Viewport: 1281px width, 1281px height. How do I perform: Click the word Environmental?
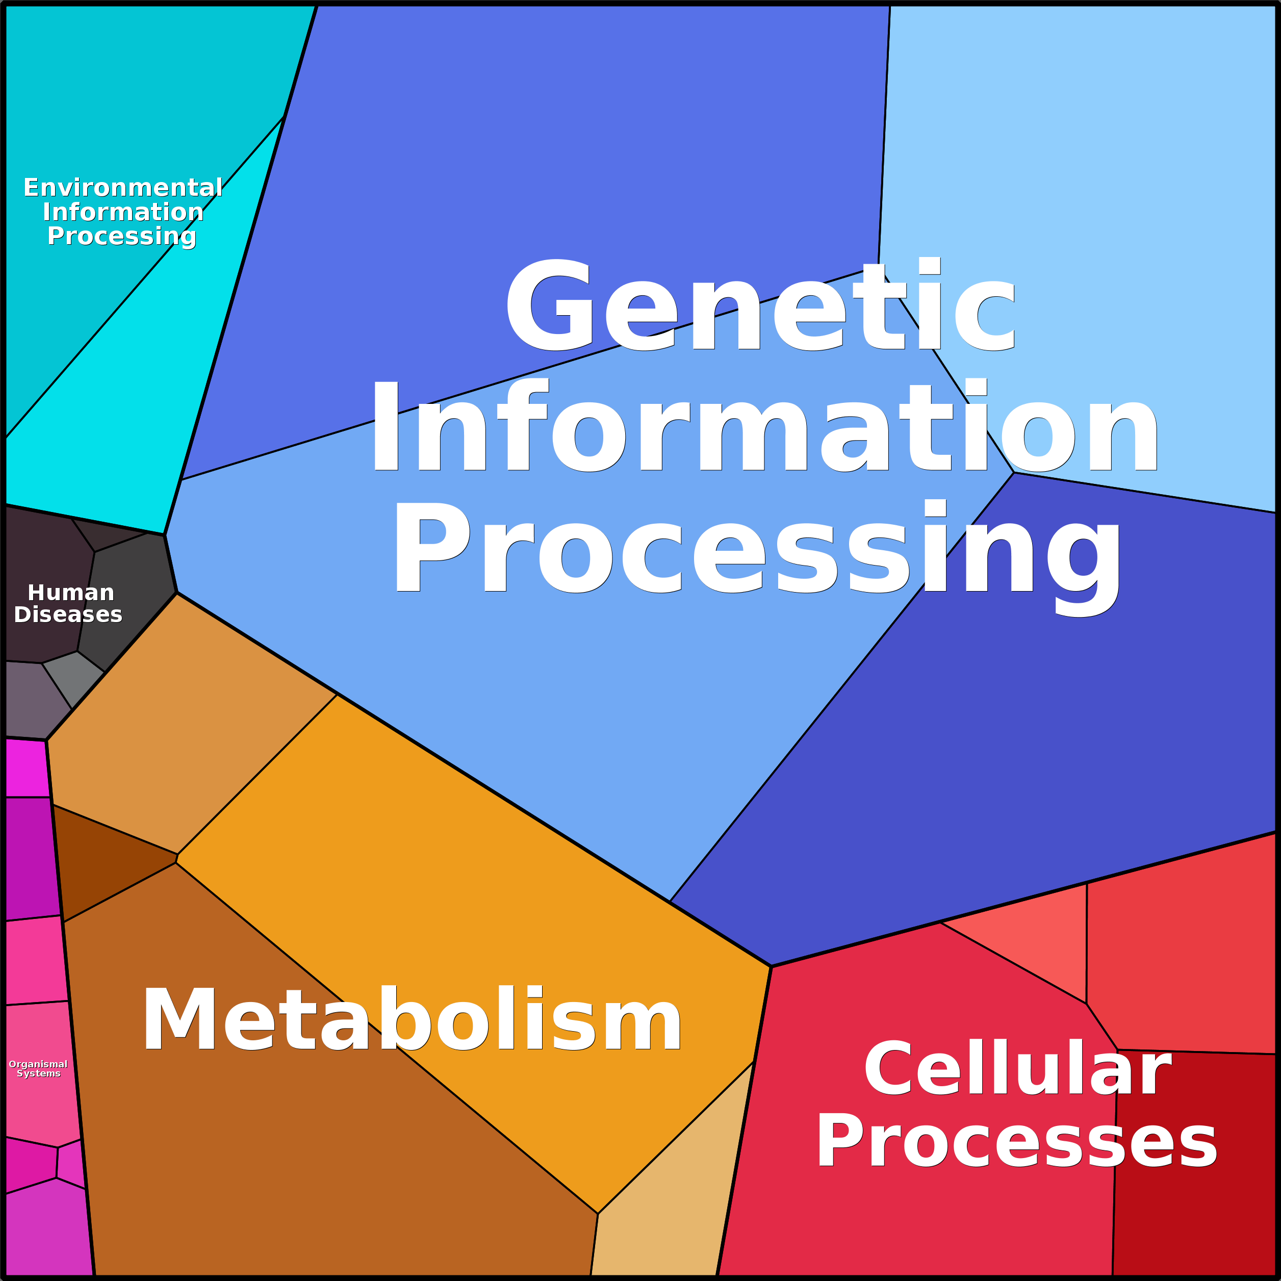pos(123,188)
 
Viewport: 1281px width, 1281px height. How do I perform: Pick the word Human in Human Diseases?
pos(71,592)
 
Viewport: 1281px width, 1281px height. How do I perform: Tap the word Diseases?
pos(68,614)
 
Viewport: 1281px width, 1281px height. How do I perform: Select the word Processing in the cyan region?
pos(122,236)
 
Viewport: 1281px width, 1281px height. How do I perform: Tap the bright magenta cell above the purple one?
pos(27,768)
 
